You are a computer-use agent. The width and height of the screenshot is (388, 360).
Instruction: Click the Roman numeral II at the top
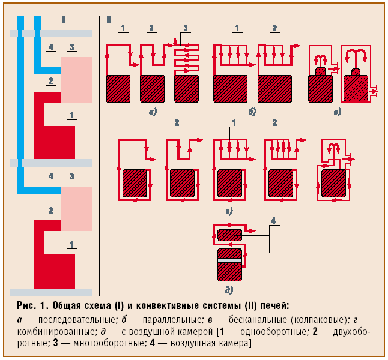pos(109,19)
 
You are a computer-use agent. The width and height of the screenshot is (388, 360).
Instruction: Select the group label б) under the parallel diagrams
pos(252,112)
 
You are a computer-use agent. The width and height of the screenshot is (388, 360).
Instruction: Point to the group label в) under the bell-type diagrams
pos(338,112)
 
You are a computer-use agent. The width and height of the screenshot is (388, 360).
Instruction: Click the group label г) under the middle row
pos(229,211)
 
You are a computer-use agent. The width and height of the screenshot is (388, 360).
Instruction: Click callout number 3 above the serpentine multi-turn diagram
pos(186,28)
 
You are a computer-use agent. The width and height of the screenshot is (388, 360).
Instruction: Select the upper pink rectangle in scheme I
pos(76,79)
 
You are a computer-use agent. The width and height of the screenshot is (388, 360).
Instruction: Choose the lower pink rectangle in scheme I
pos(76,208)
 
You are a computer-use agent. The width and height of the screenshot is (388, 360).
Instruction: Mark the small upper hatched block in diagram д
pos(229,235)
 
